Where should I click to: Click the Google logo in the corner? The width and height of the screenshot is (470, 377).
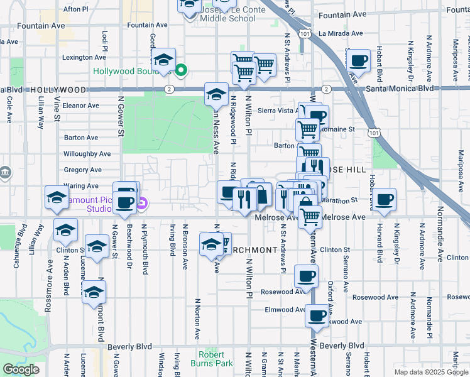(21, 369)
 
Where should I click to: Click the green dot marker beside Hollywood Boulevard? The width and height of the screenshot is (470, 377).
(181, 70)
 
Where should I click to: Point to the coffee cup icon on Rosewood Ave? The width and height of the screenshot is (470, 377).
(306, 276)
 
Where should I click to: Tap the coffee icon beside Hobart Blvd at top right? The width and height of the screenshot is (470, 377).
(359, 61)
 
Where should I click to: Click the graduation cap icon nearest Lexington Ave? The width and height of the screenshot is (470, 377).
(164, 60)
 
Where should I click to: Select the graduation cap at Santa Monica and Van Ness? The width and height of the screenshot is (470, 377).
(216, 95)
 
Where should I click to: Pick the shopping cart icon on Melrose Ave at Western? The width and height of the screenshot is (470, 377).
(310, 217)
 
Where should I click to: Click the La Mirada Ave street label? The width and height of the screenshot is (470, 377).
(341, 33)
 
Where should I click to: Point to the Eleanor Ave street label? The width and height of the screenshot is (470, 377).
(81, 106)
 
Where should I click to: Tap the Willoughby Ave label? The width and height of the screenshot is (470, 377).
(87, 153)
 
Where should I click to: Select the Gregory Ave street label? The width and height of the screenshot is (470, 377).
(82, 170)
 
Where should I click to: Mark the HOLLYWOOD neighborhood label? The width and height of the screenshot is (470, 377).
(57, 90)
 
